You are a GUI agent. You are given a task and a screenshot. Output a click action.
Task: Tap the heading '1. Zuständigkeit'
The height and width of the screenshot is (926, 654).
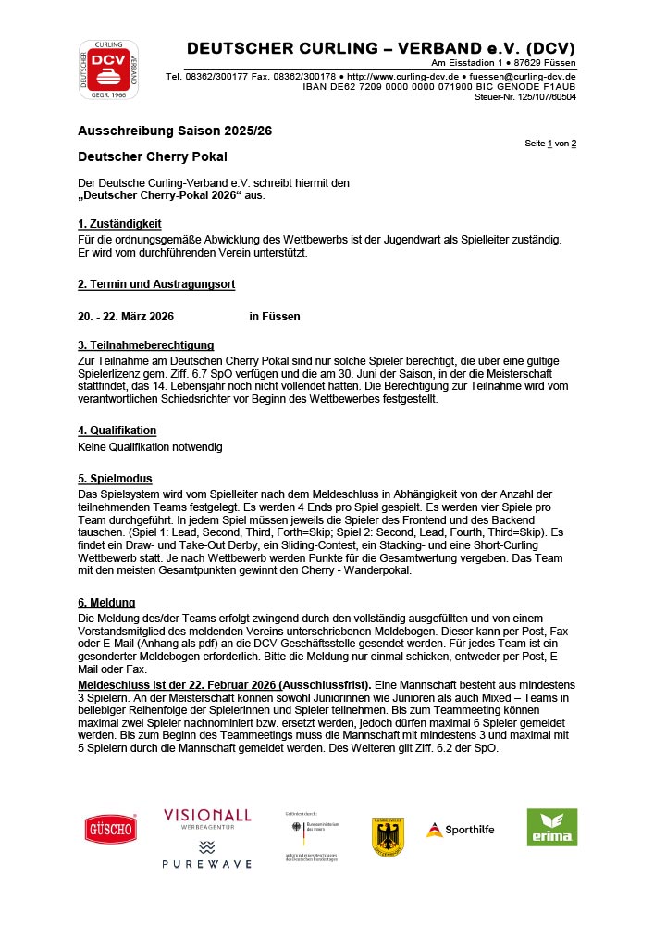[x=119, y=223]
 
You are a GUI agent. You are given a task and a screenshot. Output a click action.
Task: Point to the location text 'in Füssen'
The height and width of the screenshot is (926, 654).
[x=275, y=316]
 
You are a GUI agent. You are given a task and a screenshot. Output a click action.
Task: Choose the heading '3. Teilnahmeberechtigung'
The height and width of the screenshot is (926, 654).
[x=146, y=345]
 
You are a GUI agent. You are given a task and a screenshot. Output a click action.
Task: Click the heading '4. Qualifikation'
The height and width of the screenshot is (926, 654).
[x=117, y=431]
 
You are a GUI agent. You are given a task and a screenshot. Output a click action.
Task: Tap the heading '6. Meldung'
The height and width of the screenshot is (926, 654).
[x=106, y=603]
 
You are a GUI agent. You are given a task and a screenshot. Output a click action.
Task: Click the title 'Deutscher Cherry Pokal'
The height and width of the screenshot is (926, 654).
[x=153, y=156]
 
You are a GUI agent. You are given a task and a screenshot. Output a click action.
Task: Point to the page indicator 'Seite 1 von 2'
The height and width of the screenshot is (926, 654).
[x=550, y=144]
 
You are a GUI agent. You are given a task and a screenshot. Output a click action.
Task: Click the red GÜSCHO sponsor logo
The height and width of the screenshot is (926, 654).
[x=111, y=828]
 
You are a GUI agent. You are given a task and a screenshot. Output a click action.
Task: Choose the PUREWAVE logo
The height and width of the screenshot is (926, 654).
[x=207, y=856]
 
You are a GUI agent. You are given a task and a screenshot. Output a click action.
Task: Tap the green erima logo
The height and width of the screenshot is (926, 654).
[x=552, y=828]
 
